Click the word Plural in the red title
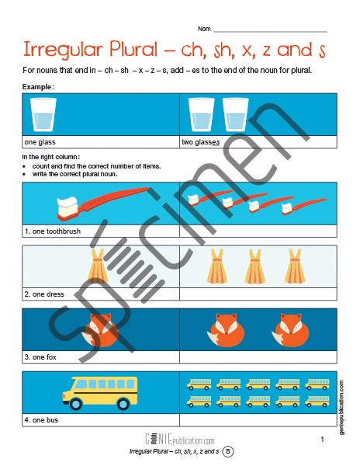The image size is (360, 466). (x=133, y=49)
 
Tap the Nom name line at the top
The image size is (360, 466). (x=270, y=32)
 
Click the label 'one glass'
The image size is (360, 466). (x=40, y=142)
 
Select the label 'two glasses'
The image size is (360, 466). (x=201, y=142)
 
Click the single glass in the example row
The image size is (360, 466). (x=43, y=114)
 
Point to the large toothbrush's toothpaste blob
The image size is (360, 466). (x=68, y=203)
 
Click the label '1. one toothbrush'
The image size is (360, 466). (x=53, y=231)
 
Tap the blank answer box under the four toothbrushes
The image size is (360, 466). (x=258, y=231)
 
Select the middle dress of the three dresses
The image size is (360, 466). (x=255, y=266)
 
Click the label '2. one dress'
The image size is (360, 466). (x=44, y=294)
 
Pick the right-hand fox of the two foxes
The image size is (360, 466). (x=291, y=330)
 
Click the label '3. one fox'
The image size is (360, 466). (x=40, y=357)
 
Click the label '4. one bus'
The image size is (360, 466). (x=41, y=420)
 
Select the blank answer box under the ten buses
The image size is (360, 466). (x=258, y=420)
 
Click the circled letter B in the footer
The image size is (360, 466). (x=228, y=451)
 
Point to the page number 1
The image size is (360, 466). (x=322, y=440)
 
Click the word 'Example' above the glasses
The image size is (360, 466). (x=37, y=87)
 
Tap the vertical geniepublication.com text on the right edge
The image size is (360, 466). (x=341, y=408)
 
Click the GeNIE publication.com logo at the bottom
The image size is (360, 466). (x=180, y=439)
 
